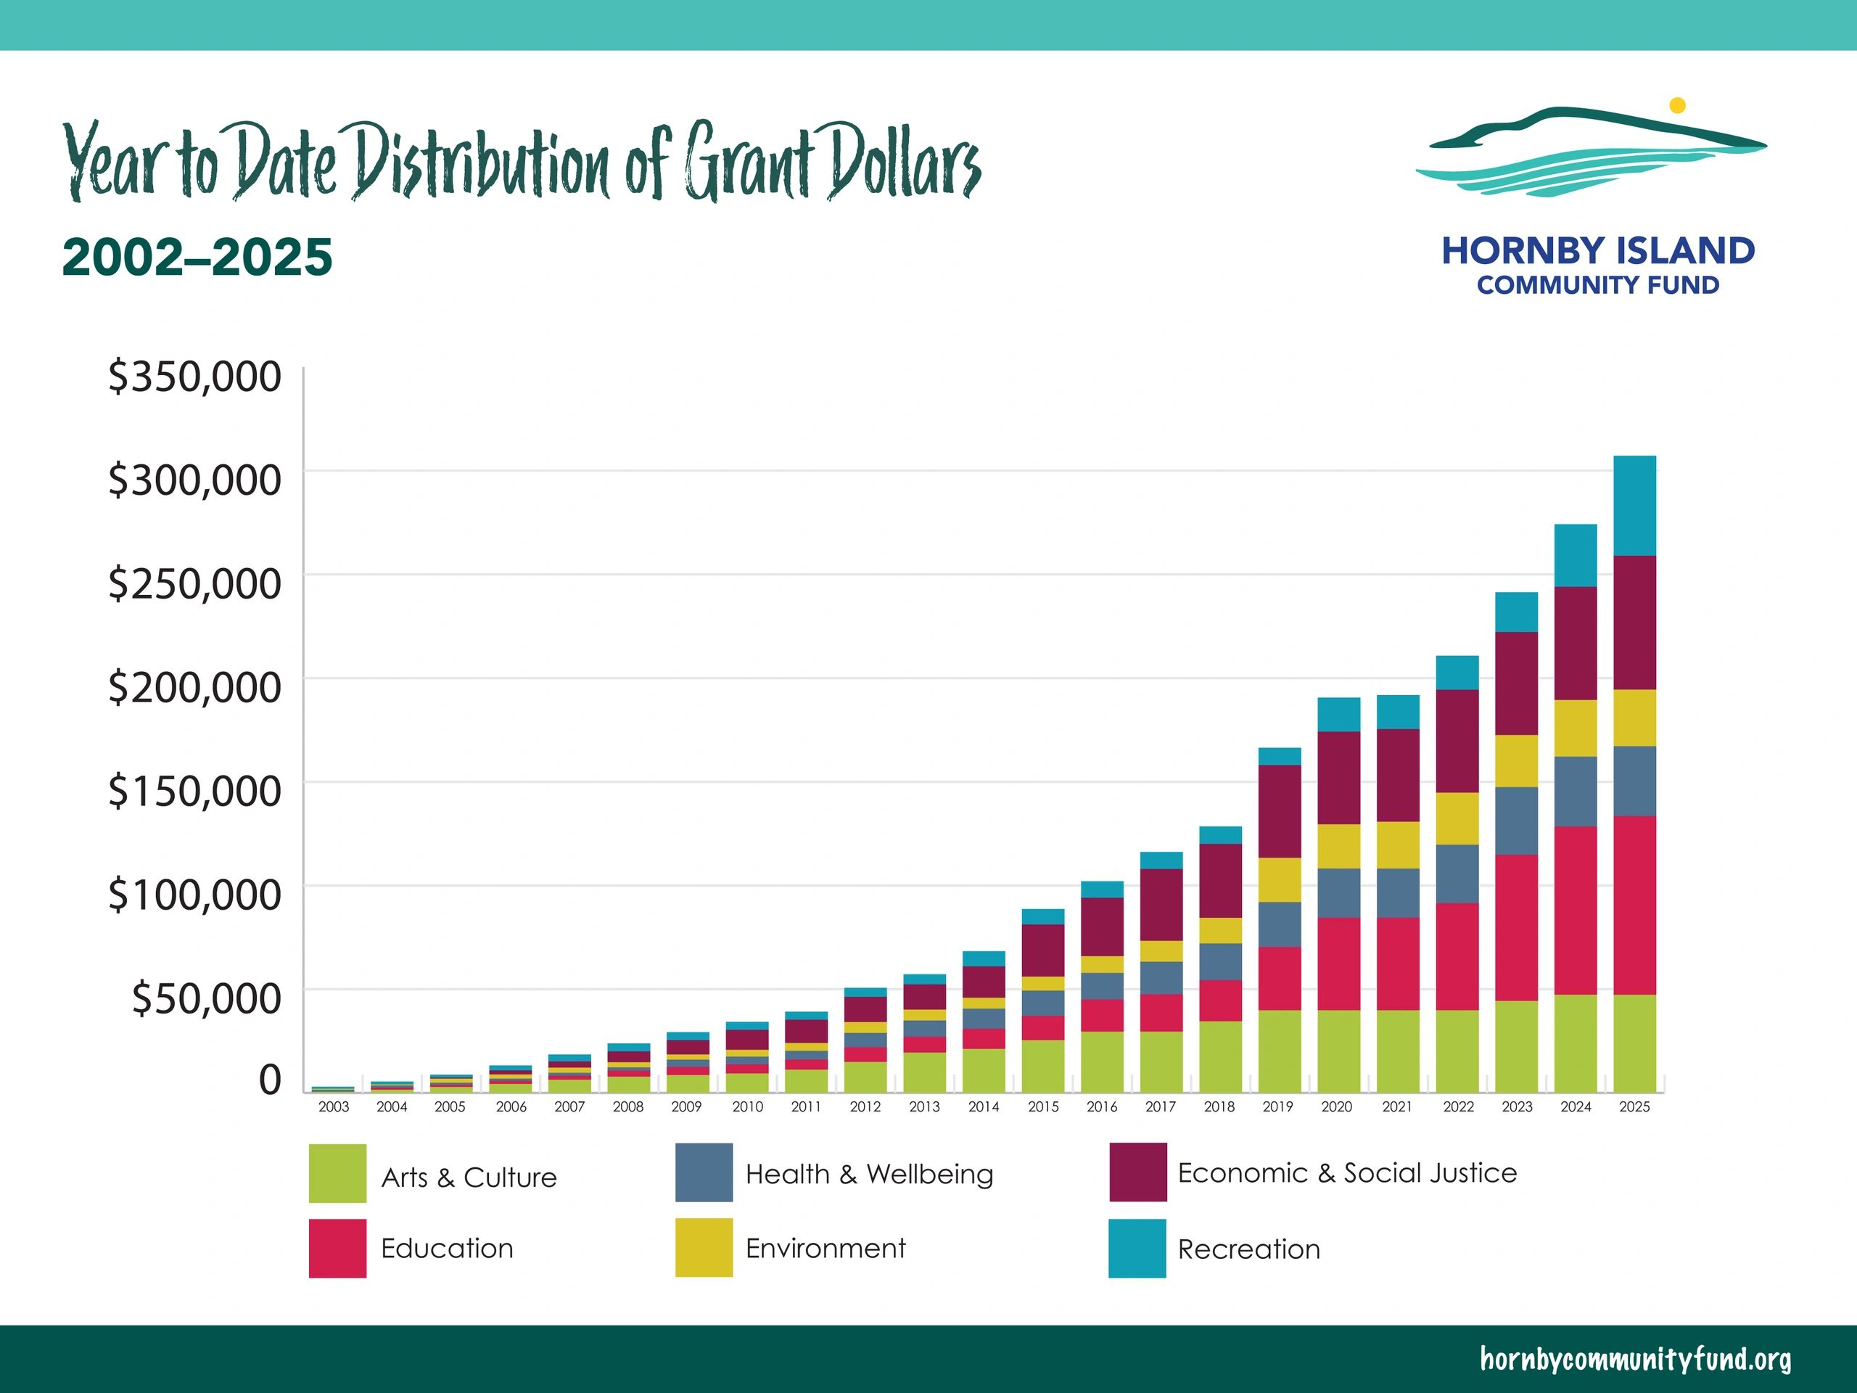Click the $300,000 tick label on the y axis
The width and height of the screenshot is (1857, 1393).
[x=194, y=480]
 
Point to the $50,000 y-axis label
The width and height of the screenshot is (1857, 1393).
[x=206, y=998]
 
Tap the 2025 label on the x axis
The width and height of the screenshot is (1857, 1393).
[x=1634, y=1106]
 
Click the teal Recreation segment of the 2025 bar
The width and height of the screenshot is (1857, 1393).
[x=1634, y=506]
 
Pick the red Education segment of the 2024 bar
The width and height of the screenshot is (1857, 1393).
[x=1575, y=911]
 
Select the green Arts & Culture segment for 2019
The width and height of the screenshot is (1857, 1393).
[x=1280, y=1051]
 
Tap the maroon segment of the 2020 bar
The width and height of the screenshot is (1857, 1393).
[x=1338, y=778]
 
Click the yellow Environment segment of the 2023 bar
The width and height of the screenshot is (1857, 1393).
[x=1516, y=761]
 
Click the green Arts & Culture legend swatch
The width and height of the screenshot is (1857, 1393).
[x=337, y=1173]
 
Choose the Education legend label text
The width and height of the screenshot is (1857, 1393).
[x=447, y=1249]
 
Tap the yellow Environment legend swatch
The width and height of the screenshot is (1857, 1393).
[x=704, y=1248]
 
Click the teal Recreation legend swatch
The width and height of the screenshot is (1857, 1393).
[x=1137, y=1249]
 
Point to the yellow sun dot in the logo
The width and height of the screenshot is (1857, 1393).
[x=1677, y=106]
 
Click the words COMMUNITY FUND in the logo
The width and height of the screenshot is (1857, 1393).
[x=1597, y=285]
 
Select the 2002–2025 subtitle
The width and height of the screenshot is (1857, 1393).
[x=197, y=257]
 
